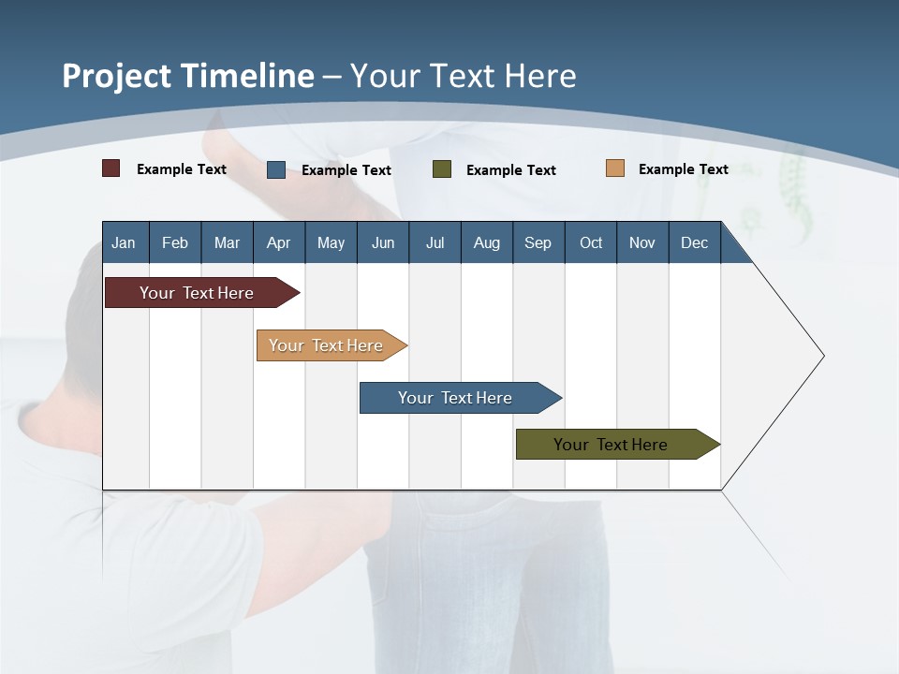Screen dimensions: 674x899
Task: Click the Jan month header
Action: [x=124, y=242]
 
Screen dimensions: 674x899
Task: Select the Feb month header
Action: [x=175, y=242]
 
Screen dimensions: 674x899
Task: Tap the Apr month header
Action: [x=279, y=242]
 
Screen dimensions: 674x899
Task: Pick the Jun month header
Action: [x=383, y=242]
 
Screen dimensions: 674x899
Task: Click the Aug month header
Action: [x=487, y=242]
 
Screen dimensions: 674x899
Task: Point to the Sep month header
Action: [x=538, y=242]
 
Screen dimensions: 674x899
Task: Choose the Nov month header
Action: [x=642, y=242]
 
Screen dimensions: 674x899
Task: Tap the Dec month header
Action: [x=695, y=242]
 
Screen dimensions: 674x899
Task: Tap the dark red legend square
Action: [x=111, y=168]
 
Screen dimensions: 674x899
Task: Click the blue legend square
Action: [x=276, y=169]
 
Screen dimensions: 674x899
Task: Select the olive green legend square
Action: [x=442, y=169]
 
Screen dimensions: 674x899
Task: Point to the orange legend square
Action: [x=615, y=168]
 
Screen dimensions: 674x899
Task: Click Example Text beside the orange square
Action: [x=683, y=169]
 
